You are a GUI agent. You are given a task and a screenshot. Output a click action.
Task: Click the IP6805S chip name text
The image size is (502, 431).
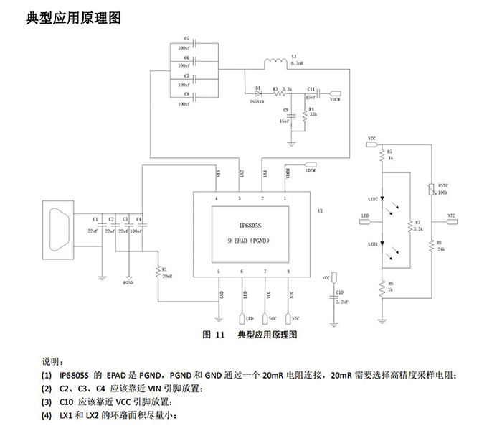click(251, 225)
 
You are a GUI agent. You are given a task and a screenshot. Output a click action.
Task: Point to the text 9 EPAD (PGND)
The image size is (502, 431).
click(251, 239)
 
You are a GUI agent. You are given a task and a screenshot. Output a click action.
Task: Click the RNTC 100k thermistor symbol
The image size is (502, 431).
click(430, 190)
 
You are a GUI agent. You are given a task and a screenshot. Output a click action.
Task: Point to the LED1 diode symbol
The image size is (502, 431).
click(381, 244)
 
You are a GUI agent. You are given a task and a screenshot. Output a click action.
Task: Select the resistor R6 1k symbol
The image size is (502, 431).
click(381, 288)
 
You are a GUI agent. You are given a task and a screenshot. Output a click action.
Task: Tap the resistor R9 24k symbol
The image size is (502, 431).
click(430, 245)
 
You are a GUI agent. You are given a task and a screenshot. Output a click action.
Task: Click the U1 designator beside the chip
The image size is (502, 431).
click(320, 210)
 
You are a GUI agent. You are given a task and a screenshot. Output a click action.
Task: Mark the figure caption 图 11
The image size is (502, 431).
click(214, 335)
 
